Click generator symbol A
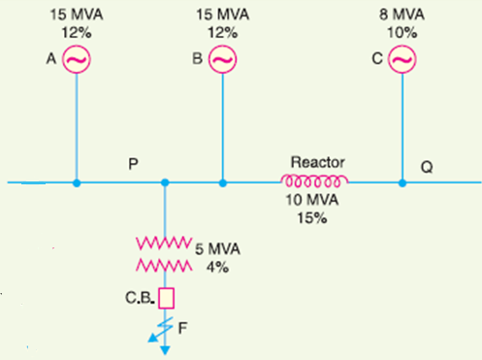pyautogui.click(x=77, y=61)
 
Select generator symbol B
pyautogui.click(x=222, y=61)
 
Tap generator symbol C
pyautogui.click(x=402, y=61)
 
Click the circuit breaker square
pyautogui.click(x=165, y=296)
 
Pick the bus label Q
pyautogui.click(x=428, y=166)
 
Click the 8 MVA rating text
pyautogui.click(x=402, y=15)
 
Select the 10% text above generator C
pyautogui.click(x=402, y=32)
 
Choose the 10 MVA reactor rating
pyautogui.click(x=313, y=201)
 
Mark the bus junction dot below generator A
pyautogui.click(x=77, y=181)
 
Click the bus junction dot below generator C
pyautogui.click(x=402, y=181)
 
